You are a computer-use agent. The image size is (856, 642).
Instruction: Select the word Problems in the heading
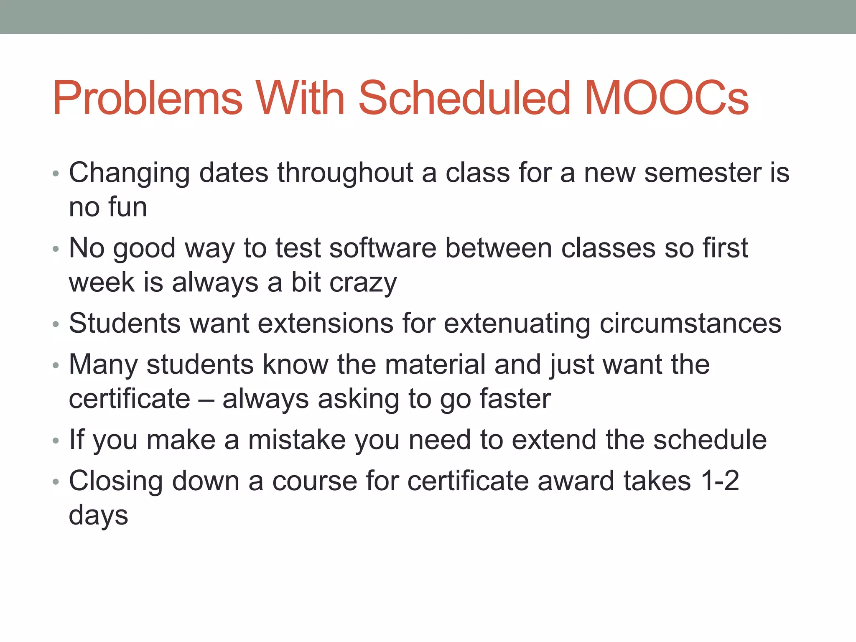click(147, 99)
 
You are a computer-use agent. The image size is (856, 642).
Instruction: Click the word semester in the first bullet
click(702, 173)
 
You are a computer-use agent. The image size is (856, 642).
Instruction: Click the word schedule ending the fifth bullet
click(710, 440)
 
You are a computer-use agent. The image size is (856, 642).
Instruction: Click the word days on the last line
click(98, 516)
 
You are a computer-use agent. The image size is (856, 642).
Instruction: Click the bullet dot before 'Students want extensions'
click(56, 325)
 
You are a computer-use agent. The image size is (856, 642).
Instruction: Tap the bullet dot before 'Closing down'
click(56, 482)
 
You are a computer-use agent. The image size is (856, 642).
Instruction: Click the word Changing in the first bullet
click(129, 173)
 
